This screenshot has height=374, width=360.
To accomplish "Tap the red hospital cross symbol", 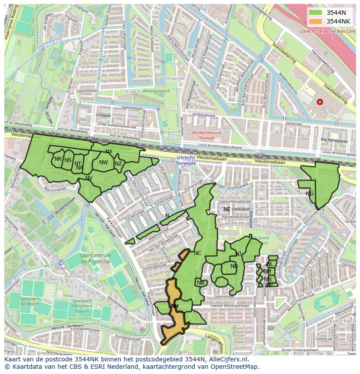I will [x=320, y=102].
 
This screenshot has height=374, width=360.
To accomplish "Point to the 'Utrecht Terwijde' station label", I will [x=186, y=160].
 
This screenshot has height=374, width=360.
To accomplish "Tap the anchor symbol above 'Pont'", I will [x=61, y=262].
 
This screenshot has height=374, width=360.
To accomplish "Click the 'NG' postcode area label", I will [x=310, y=194].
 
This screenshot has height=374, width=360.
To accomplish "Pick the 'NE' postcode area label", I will [x=227, y=209].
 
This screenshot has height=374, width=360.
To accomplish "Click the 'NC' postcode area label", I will [x=197, y=253].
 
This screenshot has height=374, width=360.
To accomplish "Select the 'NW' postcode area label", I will [x=103, y=162].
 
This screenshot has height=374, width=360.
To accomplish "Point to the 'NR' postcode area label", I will [x=58, y=159].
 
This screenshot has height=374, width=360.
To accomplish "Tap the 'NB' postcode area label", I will [x=200, y=283].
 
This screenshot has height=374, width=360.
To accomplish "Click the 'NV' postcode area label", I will [x=89, y=178].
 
